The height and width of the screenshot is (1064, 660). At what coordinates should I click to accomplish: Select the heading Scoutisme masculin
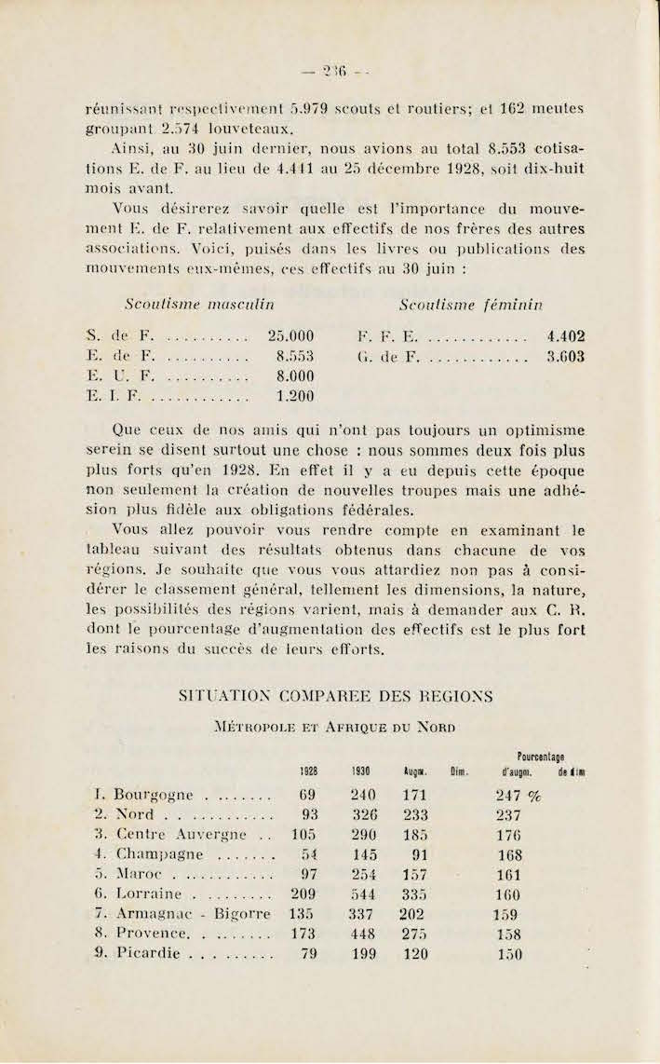pyautogui.click(x=199, y=304)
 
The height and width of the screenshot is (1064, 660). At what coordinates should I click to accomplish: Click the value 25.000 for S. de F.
pyautogui.click(x=290, y=336)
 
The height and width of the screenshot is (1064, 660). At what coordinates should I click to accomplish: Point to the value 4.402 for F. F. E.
pyautogui.click(x=567, y=336)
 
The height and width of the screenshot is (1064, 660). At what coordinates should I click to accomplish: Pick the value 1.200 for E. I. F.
pyautogui.click(x=295, y=396)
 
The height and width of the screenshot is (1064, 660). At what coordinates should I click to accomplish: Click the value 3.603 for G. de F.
pyautogui.click(x=567, y=356)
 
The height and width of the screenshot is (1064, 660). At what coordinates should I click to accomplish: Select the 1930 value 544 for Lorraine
pyautogui.click(x=364, y=894)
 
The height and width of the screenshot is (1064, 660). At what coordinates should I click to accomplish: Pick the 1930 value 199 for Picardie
pyautogui.click(x=365, y=954)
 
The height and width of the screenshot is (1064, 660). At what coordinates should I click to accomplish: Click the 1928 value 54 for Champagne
pyautogui.click(x=309, y=854)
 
